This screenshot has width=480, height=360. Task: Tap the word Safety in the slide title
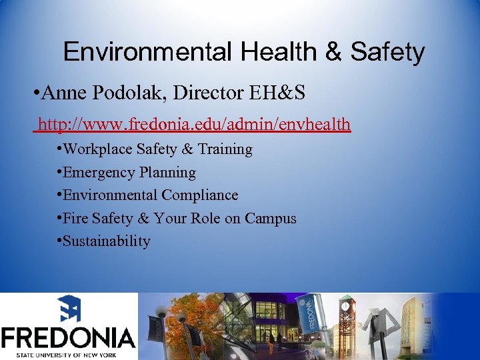click(x=387, y=51)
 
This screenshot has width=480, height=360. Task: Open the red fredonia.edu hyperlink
click(x=193, y=124)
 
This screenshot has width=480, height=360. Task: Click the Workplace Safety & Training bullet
click(x=157, y=149)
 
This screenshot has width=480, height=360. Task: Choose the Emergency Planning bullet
click(x=129, y=172)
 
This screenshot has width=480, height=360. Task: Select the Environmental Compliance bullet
click(x=150, y=195)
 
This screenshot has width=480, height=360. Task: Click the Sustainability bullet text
click(x=107, y=241)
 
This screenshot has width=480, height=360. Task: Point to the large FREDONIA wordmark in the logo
click(x=69, y=337)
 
